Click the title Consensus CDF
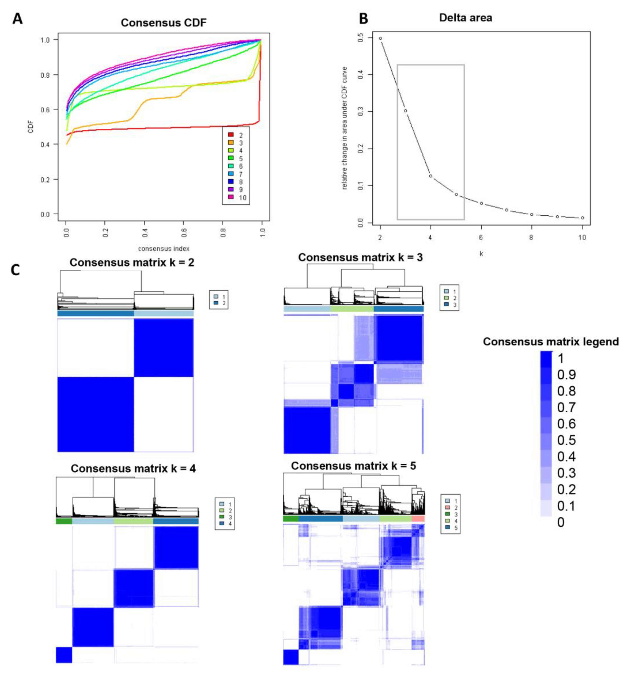click(x=163, y=23)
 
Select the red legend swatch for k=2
click(x=231, y=135)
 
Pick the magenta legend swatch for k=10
click(x=231, y=197)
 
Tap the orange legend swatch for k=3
click(x=231, y=143)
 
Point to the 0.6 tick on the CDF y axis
click(x=45, y=110)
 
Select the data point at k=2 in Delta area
click(x=380, y=38)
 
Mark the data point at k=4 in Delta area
click(x=431, y=176)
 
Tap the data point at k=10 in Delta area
click(x=582, y=218)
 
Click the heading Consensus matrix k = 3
click(x=360, y=257)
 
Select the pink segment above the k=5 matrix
click(x=418, y=519)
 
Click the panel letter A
click(x=17, y=19)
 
